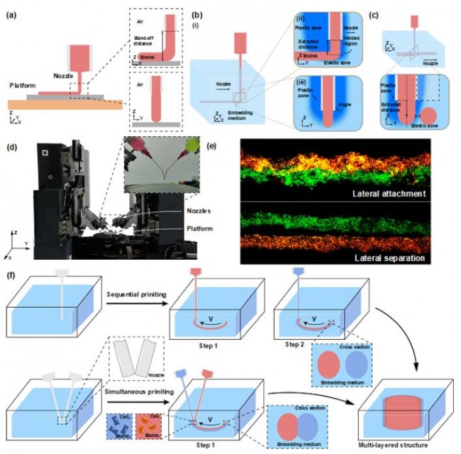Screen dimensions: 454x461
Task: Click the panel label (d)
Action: (11, 150)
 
